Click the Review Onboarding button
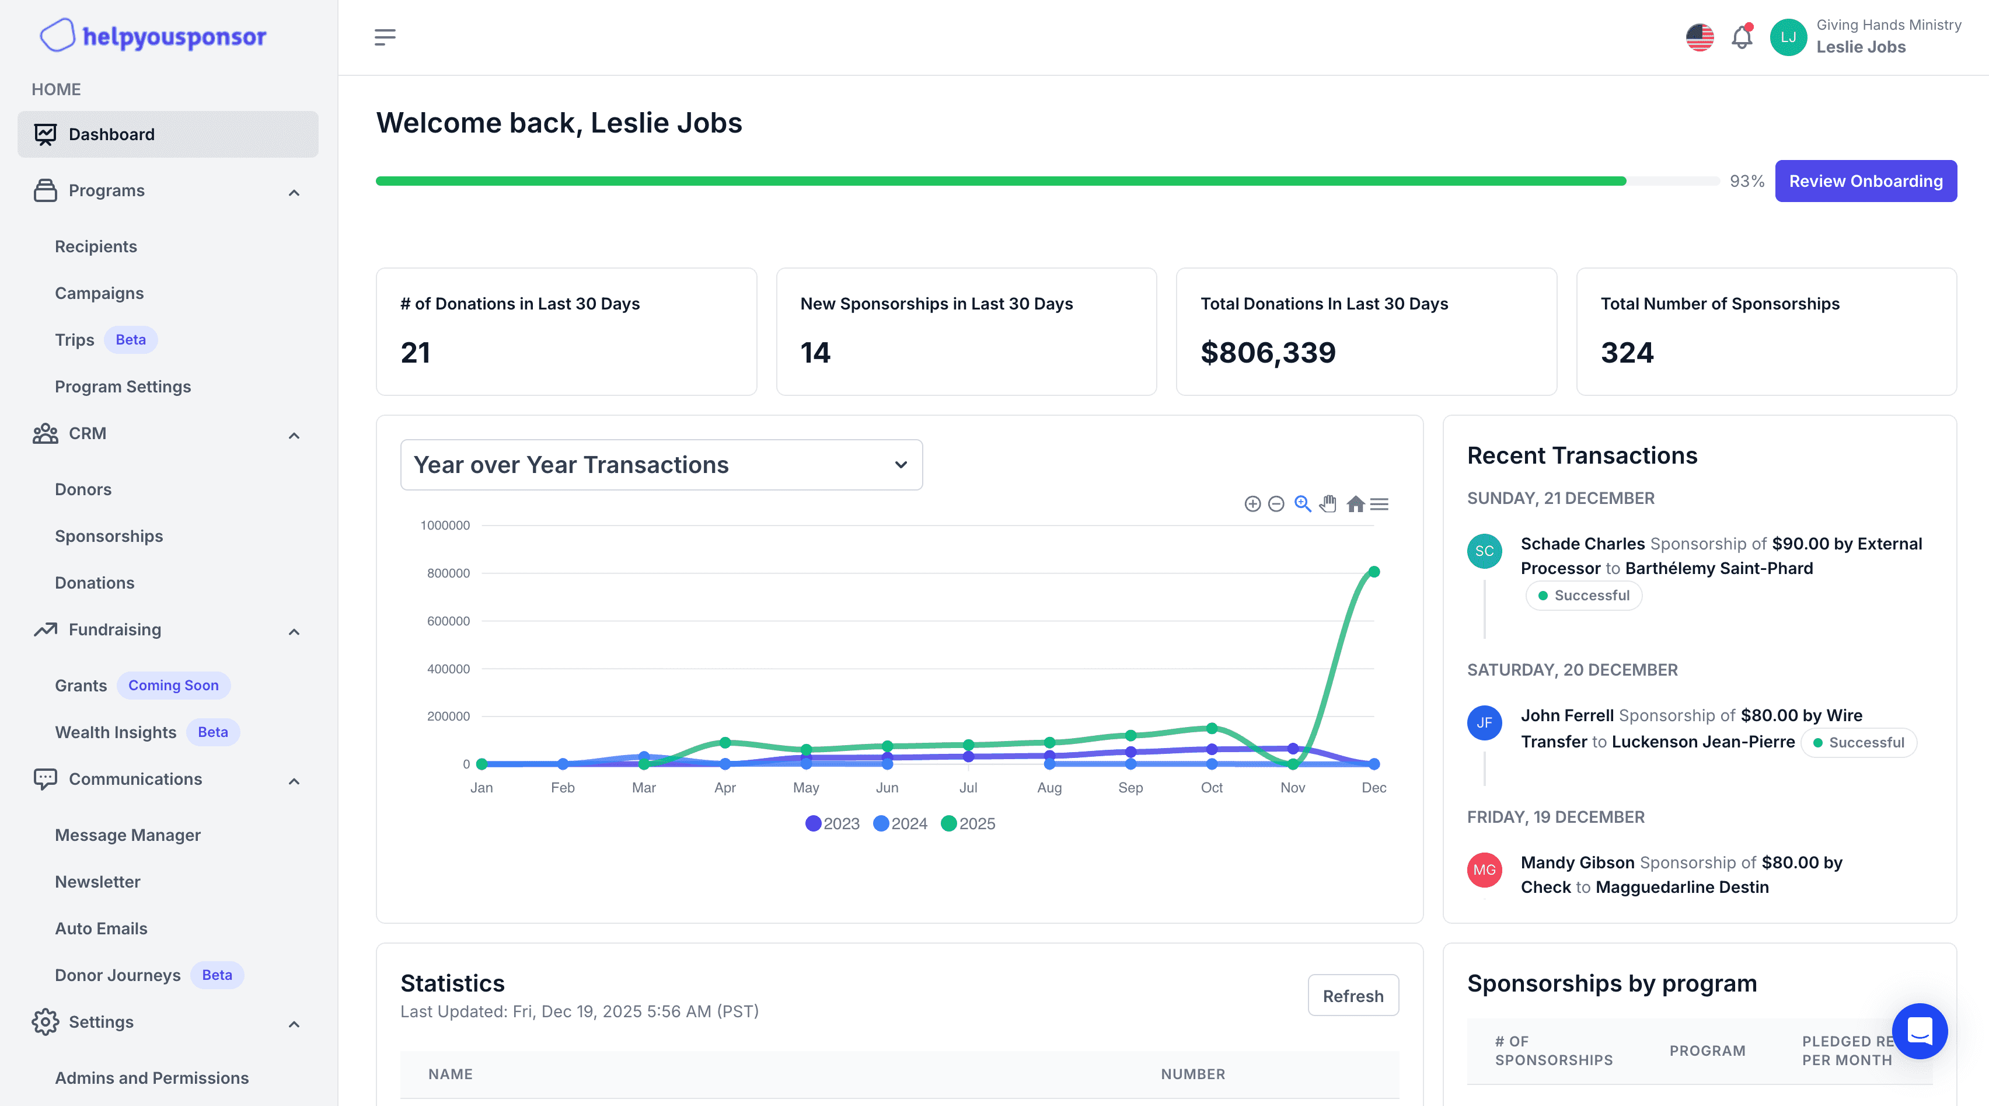pos(1865,180)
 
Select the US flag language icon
pos(1700,37)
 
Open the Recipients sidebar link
pos(96,246)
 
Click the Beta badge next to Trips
pos(131,340)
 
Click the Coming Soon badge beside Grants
pos(173,685)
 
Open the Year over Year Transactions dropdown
pos(661,465)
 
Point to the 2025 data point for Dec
pos(1374,572)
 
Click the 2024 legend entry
pos(901,823)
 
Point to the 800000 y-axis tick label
pos(448,573)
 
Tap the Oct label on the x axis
pos(1210,788)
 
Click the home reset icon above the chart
pos(1355,505)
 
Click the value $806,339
pos(1268,353)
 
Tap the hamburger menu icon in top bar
pos(385,37)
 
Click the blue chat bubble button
pos(1919,1031)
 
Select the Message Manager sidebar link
pos(127,835)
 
